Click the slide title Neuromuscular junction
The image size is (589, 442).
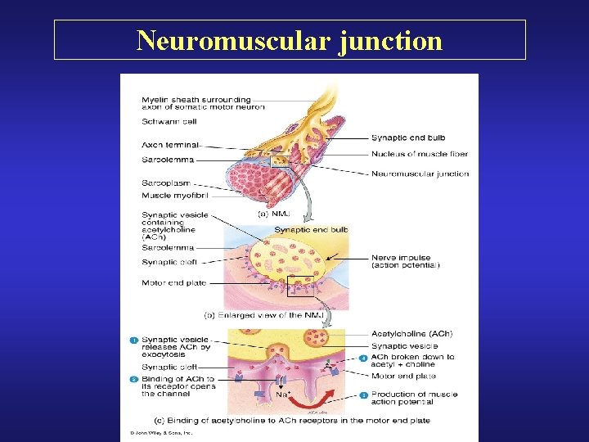pyautogui.click(x=290, y=40)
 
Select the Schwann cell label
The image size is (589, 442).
pyautogui.click(x=169, y=121)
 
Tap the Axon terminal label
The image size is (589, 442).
pyautogui.click(x=169, y=145)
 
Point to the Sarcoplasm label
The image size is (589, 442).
pyautogui.click(x=168, y=185)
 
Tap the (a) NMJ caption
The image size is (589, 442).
pyautogui.click(x=274, y=214)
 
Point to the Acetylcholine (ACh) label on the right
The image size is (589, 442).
pyautogui.click(x=411, y=334)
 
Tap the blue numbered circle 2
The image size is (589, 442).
pyautogui.click(x=133, y=380)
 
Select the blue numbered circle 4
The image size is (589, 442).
pyautogui.click(x=363, y=357)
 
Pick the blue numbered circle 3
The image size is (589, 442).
pyautogui.click(x=363, y=395)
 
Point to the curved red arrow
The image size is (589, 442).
pyautogui.click(x=328, y=396)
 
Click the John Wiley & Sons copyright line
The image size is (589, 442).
pyautogui.click(x=159, y=431)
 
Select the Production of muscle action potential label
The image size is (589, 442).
pyautogui.click(x=414, y=399)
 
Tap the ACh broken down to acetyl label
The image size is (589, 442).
pyautogui.click(x=412, y=361)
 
